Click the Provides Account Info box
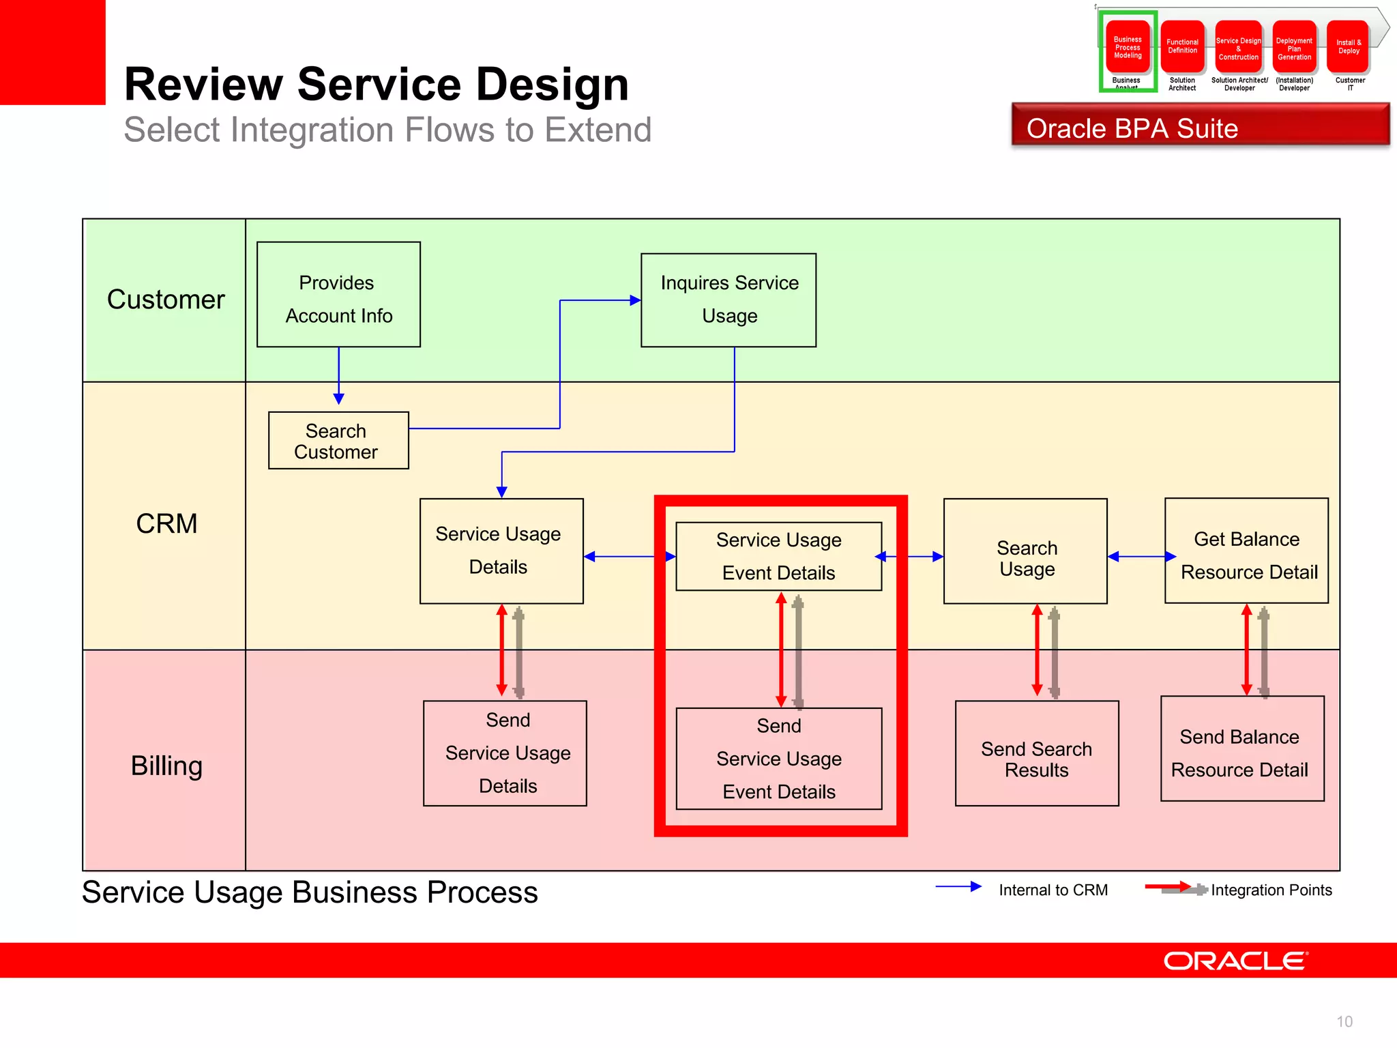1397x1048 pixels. click(338, 295)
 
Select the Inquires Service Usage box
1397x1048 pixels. click(729, 300)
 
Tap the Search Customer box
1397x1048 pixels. click(338, 441)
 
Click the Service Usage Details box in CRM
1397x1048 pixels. click(501, 551)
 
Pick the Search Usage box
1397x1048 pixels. click(1025, 551)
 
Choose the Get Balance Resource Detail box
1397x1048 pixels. click(1246, 551)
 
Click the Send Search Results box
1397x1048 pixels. click(1036, 754)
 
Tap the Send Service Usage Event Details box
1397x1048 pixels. click(778, 759)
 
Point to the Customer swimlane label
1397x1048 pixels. click(166, 300)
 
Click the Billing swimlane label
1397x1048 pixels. click(166, 766)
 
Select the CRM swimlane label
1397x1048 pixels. click(166, 523)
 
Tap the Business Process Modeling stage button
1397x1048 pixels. click(1128, 47)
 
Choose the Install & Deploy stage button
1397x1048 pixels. click(1348, 47)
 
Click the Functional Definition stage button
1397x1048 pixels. click(1182, 47)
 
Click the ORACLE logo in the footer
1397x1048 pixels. click(1235, 961)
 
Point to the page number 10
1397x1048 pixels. click(1344, 1021)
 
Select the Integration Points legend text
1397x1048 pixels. click(1271, 890)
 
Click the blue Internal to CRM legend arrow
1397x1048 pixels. click(958, 887)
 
